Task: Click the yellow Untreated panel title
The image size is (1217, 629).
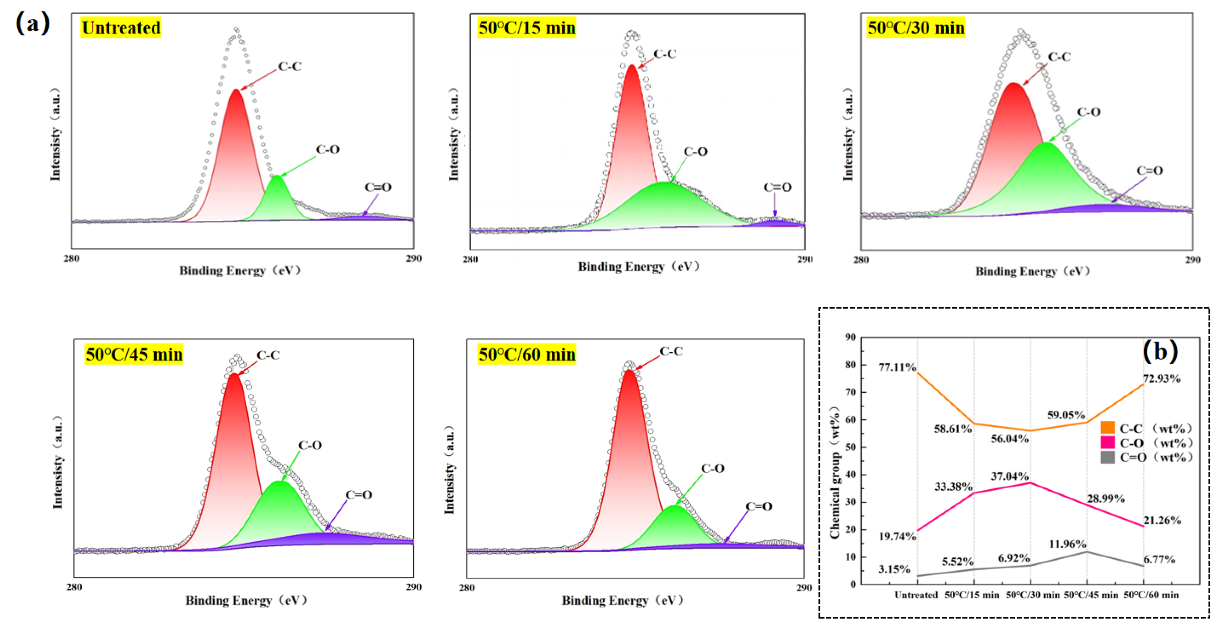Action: (x=121, y=28)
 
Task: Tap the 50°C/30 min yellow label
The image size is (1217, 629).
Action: (x=915, y=28)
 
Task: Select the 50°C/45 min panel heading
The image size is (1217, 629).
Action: (x=134, y=354)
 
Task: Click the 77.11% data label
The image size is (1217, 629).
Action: (x=897, y=367)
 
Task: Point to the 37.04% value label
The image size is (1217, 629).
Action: (x=1010, y=476)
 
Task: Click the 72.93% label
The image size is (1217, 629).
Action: (x=1161, y=379)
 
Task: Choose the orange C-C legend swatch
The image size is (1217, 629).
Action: (x=1107, y=428)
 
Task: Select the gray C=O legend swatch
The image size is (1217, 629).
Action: (x=1107, y=457)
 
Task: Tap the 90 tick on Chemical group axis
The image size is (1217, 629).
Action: (x=850, y=337)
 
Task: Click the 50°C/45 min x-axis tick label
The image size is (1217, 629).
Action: (x=1091, y=595)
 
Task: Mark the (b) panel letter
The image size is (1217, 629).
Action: (x=1160, y=351)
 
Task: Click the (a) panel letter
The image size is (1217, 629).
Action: (x=32, y=23)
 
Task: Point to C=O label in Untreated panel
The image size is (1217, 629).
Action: (x=378, y=187)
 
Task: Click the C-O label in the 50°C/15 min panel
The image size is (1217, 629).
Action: (x=695, y=152)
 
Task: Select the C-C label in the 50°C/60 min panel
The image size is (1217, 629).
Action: (x=671, y=351)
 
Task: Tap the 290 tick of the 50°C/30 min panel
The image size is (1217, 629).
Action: (x=1192, y=259)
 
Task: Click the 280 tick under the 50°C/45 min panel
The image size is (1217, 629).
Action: (x=74, y=587)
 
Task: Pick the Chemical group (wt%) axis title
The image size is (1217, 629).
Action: (x=835, y=473)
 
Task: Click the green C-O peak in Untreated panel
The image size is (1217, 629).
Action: (x=277, y=198)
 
